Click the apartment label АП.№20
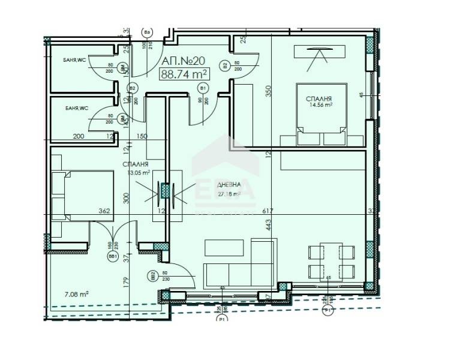coord(184,61)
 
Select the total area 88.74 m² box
coord(184,74)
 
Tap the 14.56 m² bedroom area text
coord(320,104)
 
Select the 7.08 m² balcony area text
coord(76,294)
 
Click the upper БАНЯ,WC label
coord(76,60)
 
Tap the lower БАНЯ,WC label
coord(76,109)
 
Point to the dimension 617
coord(267,211)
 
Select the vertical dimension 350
coord(269,91)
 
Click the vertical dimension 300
coord(125,198)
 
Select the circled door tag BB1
coord(112,256)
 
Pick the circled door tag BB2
coord(153,275)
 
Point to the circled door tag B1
coord(203,89)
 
